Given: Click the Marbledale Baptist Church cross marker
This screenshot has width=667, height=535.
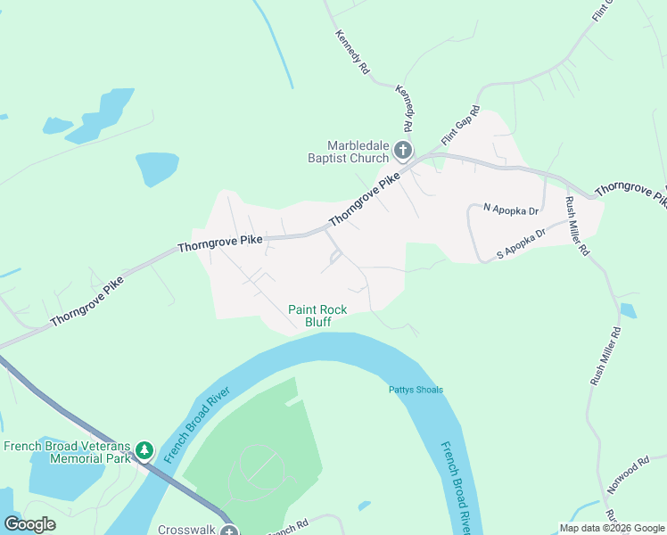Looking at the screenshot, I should (403, 150).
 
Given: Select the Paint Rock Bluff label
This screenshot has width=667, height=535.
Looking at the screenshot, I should (317, 316).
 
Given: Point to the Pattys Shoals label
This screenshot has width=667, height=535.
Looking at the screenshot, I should (416, 390).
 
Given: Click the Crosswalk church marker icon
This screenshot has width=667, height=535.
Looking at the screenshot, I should (229, 531).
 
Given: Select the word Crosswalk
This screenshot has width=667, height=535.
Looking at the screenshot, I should (186, 529).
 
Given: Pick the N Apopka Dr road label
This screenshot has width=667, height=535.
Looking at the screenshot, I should (511, 210).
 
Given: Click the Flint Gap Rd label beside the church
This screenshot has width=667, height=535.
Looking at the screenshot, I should (460, 128).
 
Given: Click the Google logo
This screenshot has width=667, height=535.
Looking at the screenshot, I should (29, 524).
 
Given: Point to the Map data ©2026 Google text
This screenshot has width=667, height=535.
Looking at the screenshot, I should (612, 527).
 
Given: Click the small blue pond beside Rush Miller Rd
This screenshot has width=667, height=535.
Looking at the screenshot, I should (628, 311).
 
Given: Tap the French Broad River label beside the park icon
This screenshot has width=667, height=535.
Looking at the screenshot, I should (196, 424).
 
